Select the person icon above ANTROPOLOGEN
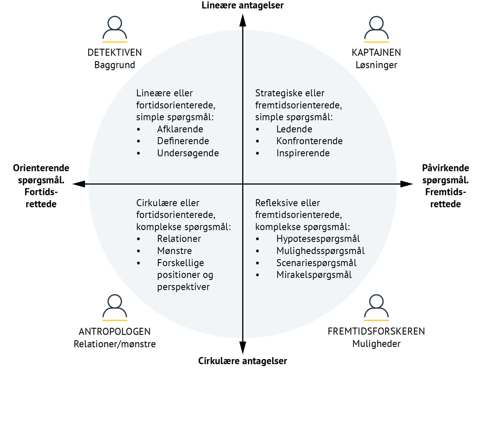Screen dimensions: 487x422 coord(115,307)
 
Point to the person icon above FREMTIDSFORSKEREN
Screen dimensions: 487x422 coord(376,307)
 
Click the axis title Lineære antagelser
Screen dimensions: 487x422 coord(243,5)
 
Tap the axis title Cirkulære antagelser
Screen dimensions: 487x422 coord(243,361)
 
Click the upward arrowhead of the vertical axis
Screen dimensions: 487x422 coord(243,20)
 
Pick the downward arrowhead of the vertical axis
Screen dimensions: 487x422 coord(243,348)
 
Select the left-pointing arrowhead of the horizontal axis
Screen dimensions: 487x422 coord(79,184)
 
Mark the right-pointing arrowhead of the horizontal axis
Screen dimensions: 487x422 coord(407,184)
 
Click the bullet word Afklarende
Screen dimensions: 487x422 coord(180,129)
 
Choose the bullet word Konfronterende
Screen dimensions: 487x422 coord(310,141)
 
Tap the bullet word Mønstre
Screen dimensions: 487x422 coord(174,251)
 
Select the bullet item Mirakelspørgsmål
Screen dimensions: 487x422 coord(314,275)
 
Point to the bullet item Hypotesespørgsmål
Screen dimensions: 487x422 coord(318,239)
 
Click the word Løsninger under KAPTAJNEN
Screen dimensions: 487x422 coord(377,65)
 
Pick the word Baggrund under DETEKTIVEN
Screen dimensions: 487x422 coord(115,65)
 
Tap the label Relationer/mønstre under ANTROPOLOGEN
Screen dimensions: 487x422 coord(115,344)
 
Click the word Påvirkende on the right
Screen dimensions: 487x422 coord(445,168)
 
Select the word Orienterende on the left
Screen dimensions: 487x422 coord(41,168)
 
